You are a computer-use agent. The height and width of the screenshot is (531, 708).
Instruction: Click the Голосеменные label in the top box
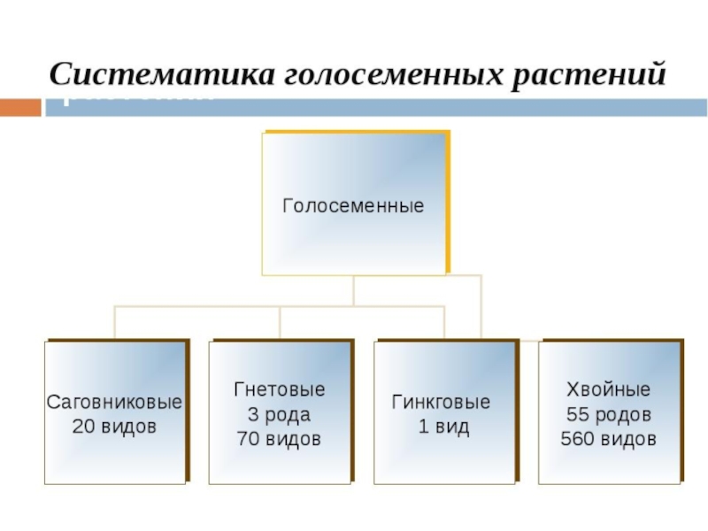point(353,206)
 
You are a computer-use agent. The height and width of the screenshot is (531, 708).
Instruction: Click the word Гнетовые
point(280,389)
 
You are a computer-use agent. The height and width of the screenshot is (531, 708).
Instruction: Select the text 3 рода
point(280,413)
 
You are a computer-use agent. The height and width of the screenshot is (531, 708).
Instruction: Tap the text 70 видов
point(280,438)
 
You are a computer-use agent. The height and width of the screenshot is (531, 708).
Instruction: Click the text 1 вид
point(443,426)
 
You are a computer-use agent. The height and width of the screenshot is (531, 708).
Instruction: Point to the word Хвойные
point(609,389)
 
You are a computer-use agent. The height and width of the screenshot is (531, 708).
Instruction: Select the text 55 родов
point(609,413)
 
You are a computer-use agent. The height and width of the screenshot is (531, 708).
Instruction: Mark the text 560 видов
point(609,438)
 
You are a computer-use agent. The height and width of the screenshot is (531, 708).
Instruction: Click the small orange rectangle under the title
point(20,107)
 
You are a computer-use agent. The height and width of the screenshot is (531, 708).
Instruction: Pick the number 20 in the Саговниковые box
point(83,426)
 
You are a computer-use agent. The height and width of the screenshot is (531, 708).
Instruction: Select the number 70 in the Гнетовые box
point(248,438)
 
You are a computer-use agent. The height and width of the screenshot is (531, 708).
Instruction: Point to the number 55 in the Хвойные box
point(576,413)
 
